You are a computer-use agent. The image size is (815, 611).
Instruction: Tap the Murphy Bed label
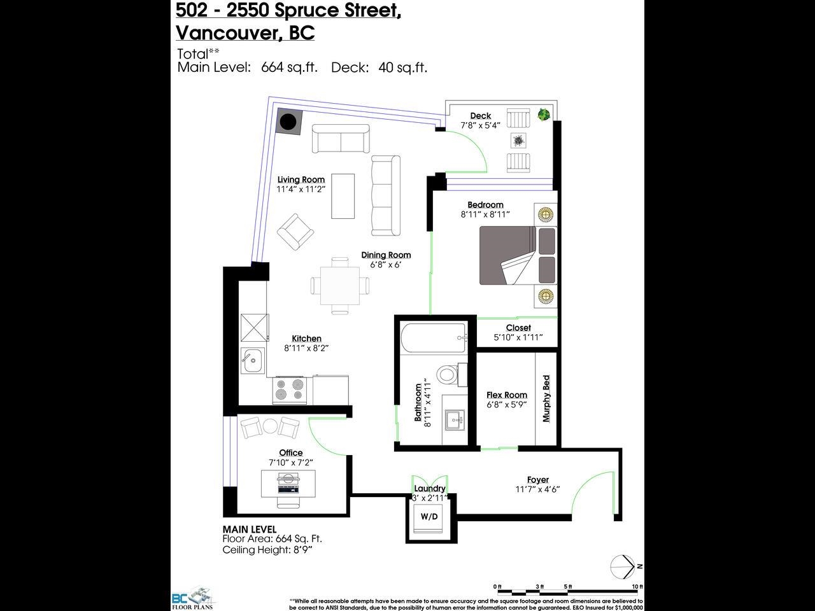[x=546, y=398]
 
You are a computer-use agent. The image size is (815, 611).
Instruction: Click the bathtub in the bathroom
[x=434, y=339]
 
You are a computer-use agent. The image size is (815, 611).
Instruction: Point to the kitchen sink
[x=253, y=360]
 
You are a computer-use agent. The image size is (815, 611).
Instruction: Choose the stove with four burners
[x=290, y=391]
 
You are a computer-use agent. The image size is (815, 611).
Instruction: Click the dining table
[x=340, y=286]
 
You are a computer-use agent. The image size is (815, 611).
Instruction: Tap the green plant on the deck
[x=544, y=115]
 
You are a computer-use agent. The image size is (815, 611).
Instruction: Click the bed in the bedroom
[x=518, y=256]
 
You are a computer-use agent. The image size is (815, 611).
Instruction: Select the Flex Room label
[x=507, y=395]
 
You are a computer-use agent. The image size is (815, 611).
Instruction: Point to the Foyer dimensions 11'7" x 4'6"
[x=537, y=489]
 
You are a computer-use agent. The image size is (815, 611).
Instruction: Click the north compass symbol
[x=625, y=567]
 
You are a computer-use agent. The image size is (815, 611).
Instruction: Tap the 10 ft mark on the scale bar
[x=637, y=587]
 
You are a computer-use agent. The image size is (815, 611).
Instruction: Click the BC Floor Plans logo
[x=192, y=598]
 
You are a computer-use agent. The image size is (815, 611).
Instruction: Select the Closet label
[x=518, y=328]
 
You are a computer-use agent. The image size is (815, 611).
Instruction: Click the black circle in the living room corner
[x=288, y=122]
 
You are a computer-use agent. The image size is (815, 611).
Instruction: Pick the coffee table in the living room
[x=343, y=196]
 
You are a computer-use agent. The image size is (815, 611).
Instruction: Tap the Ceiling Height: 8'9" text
[x=267, y=550]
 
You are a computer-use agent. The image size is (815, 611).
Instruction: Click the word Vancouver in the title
[x=227, y=32]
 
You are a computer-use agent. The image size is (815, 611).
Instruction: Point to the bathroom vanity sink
[x=455, y=420]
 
